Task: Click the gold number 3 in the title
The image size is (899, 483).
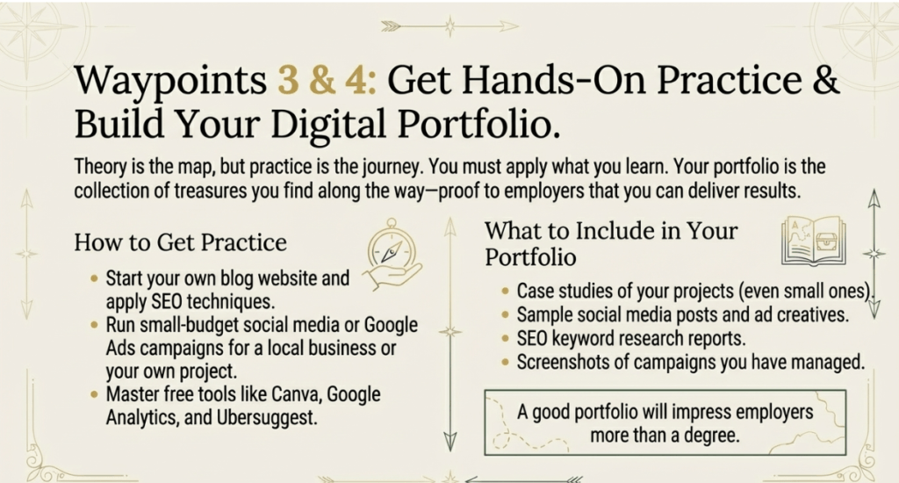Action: click(289, 79)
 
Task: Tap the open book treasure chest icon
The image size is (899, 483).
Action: click(814, 241)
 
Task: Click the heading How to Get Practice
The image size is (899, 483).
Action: click(180, 242)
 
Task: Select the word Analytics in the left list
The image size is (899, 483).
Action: click(142, 418)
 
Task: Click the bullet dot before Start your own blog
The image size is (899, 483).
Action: click(94, 278)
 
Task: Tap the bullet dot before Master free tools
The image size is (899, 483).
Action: click(94, 394)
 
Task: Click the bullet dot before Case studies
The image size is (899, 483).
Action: click(505, 291)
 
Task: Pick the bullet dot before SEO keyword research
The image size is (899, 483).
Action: click(505, 338)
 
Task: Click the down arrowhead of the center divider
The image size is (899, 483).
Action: click(450, 442)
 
